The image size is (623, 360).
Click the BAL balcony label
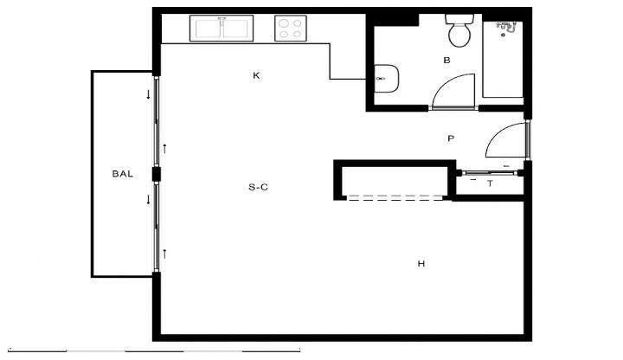(x=122, y=174)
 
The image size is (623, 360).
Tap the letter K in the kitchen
(x=256, y=75)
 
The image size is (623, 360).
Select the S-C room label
(x=258, y=187)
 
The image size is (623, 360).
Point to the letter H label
(x=421, y=263)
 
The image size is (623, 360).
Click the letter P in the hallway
(x=451, y=138)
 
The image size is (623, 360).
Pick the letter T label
(x=491, y=183)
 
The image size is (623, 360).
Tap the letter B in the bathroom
(x=446, y=61)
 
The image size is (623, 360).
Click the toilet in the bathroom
(x=459, y=30)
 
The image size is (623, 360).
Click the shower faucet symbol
(x=506, y=28)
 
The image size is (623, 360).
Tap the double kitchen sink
(x=222, y=29)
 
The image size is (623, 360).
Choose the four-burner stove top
(x=291, y=29)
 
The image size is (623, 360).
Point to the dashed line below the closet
(x=395, y=196)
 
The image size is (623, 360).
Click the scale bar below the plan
(x=154, y=350)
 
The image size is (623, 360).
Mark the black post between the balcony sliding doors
(x=157, y=174)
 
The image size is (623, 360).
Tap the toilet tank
(x=459, y=19)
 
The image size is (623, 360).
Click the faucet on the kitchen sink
(x=222, y=19)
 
